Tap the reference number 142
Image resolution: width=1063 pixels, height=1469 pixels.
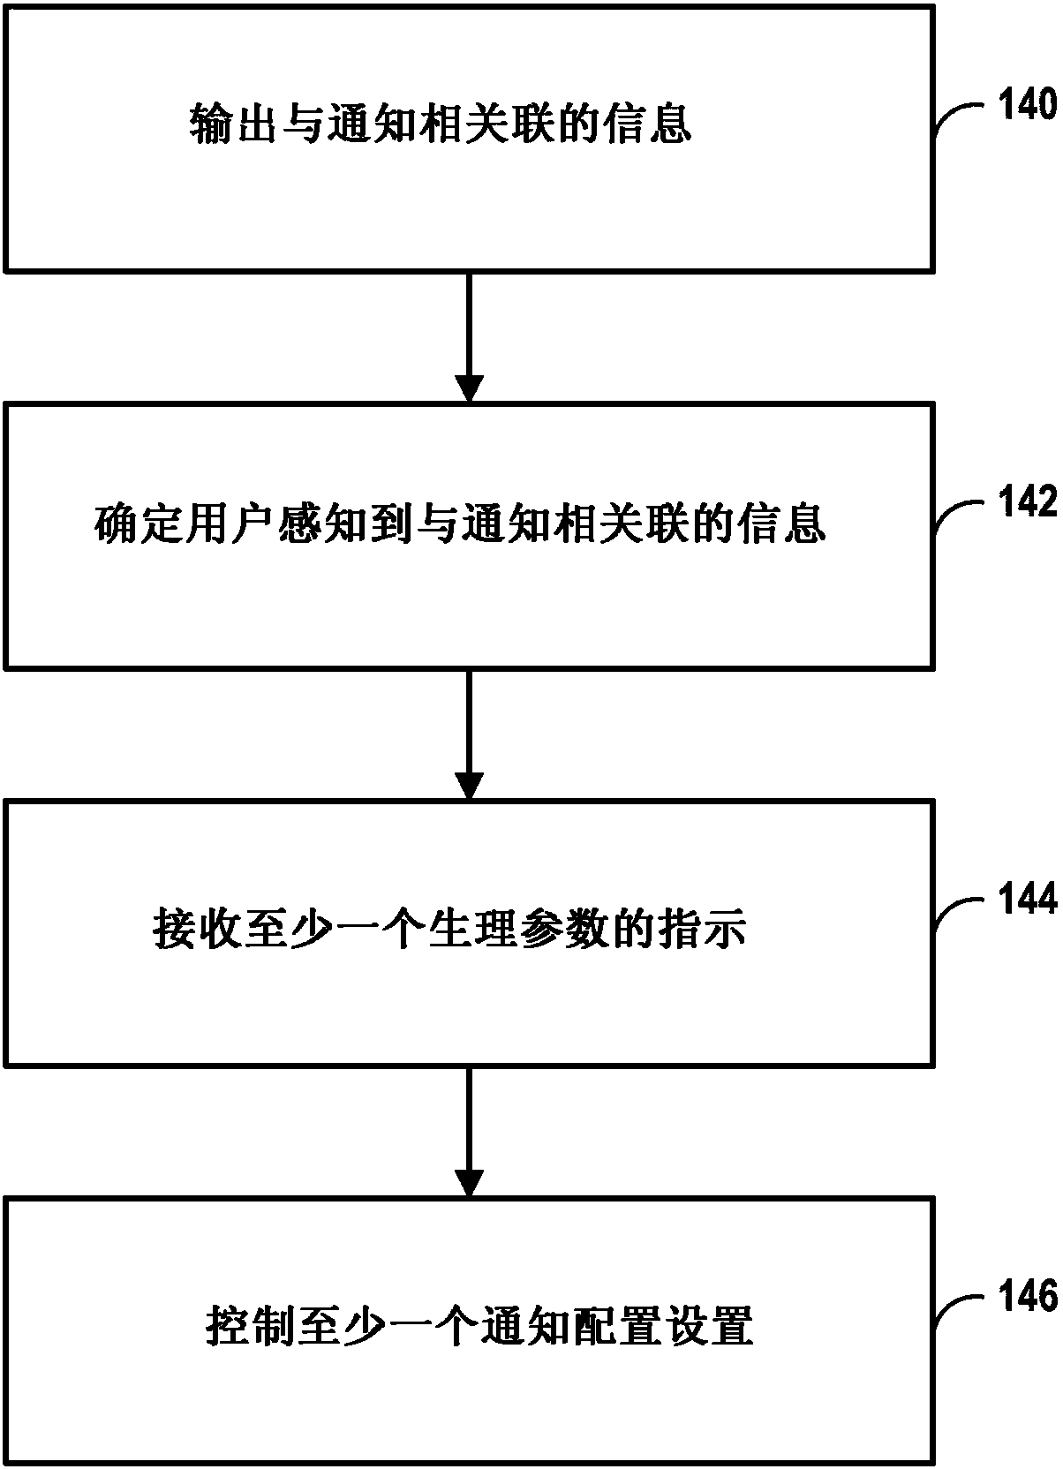(1027, 501)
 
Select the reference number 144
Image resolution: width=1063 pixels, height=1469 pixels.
(1027, 898)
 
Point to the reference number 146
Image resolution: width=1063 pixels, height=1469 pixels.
(1027, 1296)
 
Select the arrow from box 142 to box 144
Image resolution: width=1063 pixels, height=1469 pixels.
(469, 734)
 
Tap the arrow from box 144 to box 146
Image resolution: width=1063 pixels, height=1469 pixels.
(469, 1132)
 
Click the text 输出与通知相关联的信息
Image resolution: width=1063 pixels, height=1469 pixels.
(441, 124)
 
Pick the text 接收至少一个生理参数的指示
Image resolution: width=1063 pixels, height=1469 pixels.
(450, 928)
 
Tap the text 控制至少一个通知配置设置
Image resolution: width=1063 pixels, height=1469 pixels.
(479, 1325)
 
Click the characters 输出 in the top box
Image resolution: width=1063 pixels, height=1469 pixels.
(233, 124)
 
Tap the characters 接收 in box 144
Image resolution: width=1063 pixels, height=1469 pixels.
(197, 928)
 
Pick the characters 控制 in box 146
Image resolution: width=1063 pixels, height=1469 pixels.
(250, 1325)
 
